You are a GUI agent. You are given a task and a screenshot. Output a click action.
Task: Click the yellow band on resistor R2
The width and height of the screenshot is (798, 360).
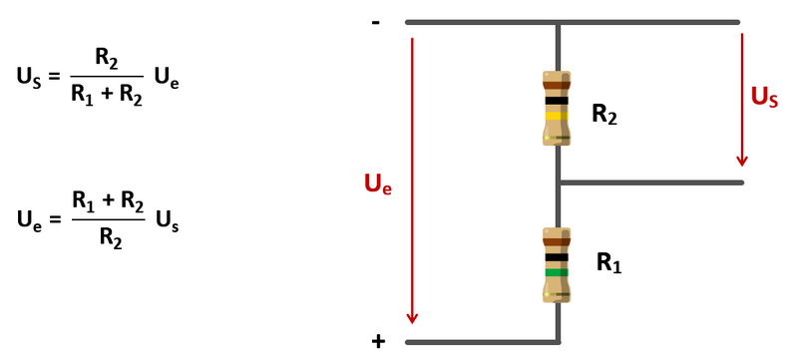(x=557, y=116)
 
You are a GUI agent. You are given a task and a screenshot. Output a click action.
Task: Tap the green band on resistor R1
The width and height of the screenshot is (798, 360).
(x=557, y=272)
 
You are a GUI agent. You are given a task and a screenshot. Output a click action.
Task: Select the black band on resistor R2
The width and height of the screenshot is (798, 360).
(x=557, y=101)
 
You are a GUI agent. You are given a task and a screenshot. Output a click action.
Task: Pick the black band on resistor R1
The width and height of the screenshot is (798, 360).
(x=557, y=257)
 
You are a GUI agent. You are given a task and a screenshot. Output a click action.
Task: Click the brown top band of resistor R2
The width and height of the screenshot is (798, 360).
(x=557, y=86)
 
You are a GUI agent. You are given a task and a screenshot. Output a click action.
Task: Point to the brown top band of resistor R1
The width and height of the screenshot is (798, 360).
(x=557, y=242)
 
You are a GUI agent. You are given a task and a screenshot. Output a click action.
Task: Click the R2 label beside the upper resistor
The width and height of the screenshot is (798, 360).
(x=604, y=115)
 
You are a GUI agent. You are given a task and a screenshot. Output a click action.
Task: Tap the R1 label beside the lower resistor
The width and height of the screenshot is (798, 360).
(x=608, y=263)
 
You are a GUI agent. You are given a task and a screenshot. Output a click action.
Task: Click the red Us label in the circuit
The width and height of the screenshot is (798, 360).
(x=764, y=97)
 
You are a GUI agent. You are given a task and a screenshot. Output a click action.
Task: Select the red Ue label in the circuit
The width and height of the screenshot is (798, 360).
(x=378, y=184)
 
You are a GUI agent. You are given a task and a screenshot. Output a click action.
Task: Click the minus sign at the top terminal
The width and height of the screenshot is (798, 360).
(x=376, y=22)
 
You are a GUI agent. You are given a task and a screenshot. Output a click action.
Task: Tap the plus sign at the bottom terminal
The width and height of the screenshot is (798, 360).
(x=378, y=342)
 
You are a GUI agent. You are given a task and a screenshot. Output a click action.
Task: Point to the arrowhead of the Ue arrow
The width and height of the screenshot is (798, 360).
(x=412, y=318)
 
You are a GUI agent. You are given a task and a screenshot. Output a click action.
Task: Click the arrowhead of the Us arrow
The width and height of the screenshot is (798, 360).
(x=742, y=161)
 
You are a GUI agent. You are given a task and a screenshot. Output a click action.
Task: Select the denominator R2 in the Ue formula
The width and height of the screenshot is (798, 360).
(x=111, y=237)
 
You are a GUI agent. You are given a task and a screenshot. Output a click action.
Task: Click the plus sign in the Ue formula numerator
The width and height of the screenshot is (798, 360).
(x=108, y=201)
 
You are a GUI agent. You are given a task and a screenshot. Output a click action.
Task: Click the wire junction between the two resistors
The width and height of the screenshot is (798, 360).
(x=559, y=182)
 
